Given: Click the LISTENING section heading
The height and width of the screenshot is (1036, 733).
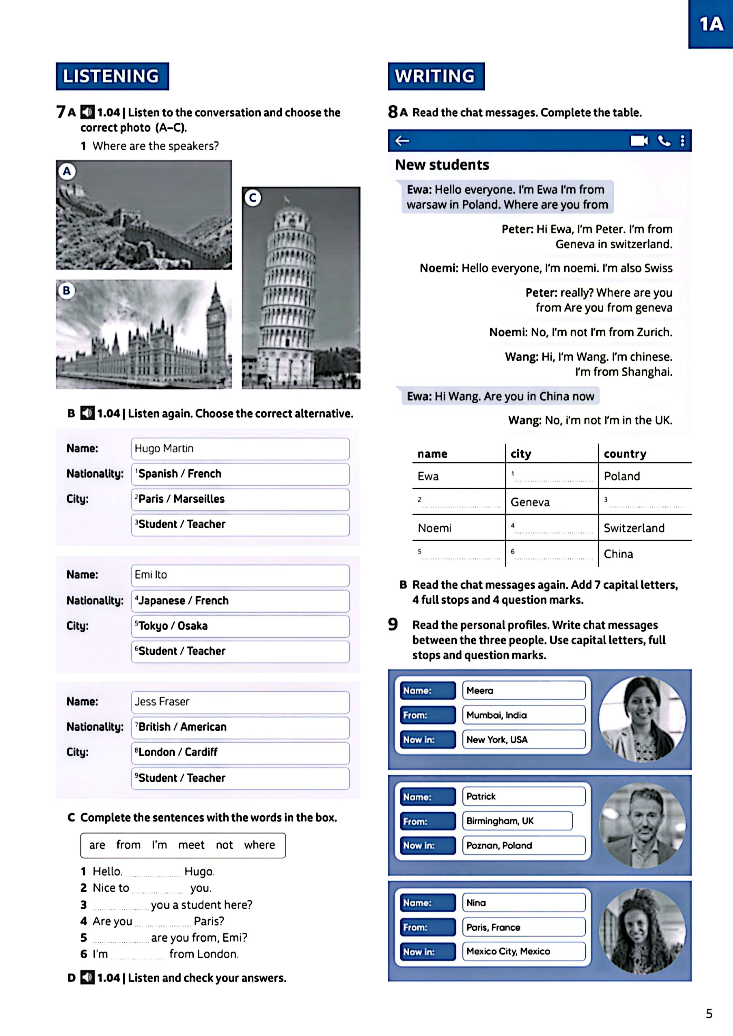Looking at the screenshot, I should point(112,76).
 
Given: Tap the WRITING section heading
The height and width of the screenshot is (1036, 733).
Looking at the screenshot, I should point(436,76).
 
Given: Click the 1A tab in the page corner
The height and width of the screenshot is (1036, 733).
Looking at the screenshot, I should point(711,24).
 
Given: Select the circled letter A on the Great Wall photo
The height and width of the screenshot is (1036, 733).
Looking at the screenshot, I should point(67,172).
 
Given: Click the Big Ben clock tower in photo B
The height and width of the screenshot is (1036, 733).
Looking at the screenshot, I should point(216,325).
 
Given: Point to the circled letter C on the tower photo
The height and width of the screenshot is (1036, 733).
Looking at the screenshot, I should point(253,198).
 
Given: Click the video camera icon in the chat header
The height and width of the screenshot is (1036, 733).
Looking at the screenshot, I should point(639,141).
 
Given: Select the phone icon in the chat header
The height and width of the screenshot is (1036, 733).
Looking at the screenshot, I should point(664,141).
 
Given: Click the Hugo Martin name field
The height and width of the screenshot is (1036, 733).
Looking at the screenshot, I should point(240,449).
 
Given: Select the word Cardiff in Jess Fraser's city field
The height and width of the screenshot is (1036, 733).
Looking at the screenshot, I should point(201,752).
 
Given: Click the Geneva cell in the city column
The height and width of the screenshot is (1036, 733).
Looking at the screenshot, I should point(530,502).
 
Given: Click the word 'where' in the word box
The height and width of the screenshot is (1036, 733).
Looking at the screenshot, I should point(260,845).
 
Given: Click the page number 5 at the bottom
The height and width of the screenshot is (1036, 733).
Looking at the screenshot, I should point(708,1014).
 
